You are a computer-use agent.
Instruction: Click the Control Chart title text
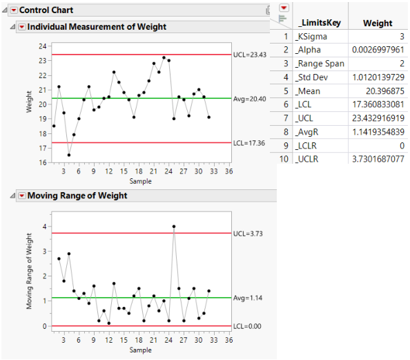coord(46,10)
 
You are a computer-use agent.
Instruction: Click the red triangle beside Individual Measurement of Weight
coord(21,27)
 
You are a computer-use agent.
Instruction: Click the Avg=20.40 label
coord(246,99)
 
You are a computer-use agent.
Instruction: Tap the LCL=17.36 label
coord(246,143)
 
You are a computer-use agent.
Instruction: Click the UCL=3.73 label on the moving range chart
coord(245,233)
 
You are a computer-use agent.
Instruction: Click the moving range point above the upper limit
coord(174,226)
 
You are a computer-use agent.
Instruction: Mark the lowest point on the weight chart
coord(69,155)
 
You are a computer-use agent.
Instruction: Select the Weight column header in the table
coord(378,23)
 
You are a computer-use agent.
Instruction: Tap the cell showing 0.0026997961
coord(377,50)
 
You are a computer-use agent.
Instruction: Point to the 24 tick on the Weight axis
coord(43,46)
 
